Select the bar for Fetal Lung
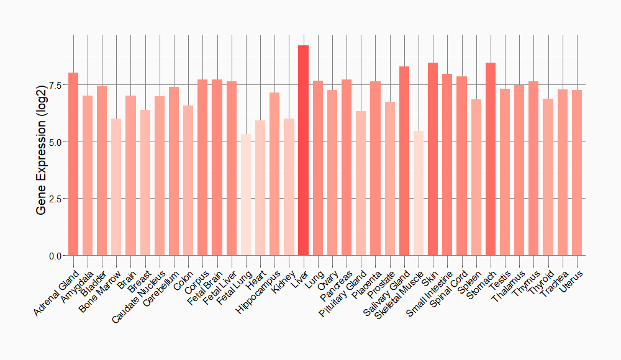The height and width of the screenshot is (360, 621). (246, 195)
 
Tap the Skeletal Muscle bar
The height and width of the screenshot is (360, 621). (419, 193)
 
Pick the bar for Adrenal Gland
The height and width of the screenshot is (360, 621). (73, 164)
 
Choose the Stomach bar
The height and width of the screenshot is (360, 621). (491, 159)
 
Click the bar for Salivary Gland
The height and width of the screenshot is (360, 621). (404, 161)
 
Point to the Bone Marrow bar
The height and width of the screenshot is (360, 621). (116, 187)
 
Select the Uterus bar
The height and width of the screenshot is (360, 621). (577, 173)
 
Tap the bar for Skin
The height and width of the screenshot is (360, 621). (433, 159)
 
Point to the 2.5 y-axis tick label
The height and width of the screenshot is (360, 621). (55, 199)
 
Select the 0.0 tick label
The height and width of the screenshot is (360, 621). (55, 256)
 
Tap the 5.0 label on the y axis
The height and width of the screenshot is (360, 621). (55, 142)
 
